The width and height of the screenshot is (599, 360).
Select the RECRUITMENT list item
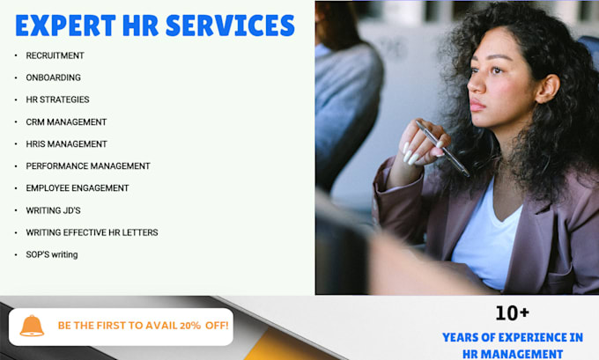click(x=55, y=55)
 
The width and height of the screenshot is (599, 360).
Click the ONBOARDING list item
click(x=53, y=77)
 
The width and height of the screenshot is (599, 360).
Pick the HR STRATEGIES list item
click(x=57, y=99)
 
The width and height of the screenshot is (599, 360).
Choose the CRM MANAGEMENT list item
click(x=66, y=122)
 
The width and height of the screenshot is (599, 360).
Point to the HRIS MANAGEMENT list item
click(x=66, y=144)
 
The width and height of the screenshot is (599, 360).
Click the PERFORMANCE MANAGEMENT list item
click(x=88, y=166)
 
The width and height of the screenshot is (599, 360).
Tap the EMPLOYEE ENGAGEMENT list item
click(x=78, y=188)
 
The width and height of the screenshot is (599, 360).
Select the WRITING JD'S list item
click(x=53, y=210)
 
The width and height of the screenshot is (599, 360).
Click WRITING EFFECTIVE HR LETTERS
click(x=92, y=232)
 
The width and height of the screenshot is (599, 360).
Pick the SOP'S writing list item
click(x=52, y=254)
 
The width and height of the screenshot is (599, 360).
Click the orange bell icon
click(x=32, y=326)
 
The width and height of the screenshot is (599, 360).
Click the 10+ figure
click(x=512, y=312)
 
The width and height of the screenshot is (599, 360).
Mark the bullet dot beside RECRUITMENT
click(x=16, y=55)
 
